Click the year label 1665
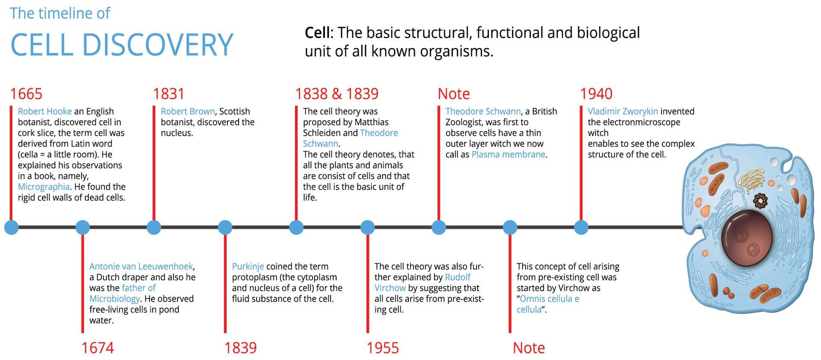pos(26,94)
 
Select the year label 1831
pos(168,94)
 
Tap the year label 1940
pos(596,94)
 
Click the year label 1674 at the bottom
pos(97,348)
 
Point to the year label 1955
pos(383,348)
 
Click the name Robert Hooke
pos(45,111)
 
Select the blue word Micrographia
pos(44,187)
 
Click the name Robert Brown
pos(188,111)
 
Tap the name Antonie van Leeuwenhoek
pos(141,266)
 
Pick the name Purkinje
pos(248,266)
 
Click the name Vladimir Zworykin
pos(623,111)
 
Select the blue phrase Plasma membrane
pos(508,154)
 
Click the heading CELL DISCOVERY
pos(122,45)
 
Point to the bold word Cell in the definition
pos(317,33)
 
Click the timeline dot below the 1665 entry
pos(12,227)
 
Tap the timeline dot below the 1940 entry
pos(581,227)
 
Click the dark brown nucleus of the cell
pos(746,237)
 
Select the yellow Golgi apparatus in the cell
pos(751,179)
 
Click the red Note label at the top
pos(454,94)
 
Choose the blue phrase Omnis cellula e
pos(549,299)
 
